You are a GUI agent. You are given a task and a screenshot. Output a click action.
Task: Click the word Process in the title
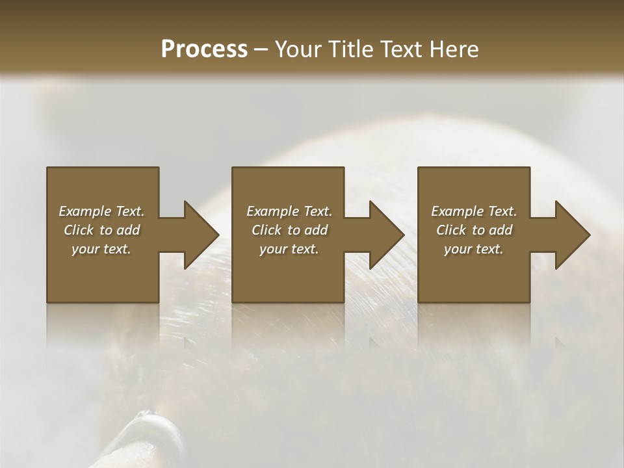[x=204, y=49]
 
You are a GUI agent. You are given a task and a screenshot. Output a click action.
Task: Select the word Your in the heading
[x=296, y=49]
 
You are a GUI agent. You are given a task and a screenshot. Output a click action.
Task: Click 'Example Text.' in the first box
[x=101, y=211]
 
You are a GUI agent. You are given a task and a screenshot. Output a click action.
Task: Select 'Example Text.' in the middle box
[x=289, y=211]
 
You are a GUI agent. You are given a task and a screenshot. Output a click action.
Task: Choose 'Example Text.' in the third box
[x=474, y=211]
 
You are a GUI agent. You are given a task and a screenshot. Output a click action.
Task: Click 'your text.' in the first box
[x=101, y=249]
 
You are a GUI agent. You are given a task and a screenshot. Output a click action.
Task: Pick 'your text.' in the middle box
[x=289, y=249]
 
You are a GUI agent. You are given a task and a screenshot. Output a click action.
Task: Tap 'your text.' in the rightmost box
[x=474, y=249]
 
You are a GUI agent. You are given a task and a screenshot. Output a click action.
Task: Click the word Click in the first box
[x=79, y=230]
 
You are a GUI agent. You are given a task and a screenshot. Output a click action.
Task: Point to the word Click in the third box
[x=451, y=230]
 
